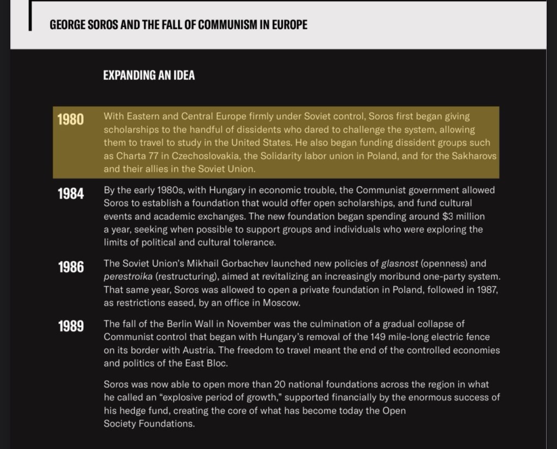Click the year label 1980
pos(71,119)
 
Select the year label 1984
pos(71,193)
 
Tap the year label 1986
pos(71,267)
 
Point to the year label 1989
pos(71,326)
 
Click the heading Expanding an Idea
pos(148,76)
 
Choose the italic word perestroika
pos(128,276)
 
